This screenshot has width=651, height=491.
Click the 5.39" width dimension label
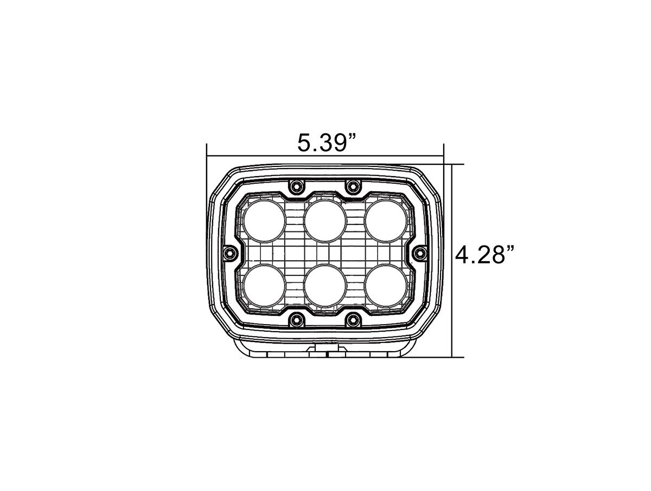pos(326,143)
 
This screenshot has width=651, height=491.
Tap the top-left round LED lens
pos(264,221)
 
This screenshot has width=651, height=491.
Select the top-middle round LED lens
pos(325,221)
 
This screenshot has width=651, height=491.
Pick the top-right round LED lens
pos(386,221)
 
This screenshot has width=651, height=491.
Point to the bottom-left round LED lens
pos(264,286)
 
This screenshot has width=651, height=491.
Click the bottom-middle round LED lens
pos(325,286)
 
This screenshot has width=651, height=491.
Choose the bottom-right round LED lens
pos(386,286)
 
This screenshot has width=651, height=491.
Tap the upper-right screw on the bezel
pos(353,186)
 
